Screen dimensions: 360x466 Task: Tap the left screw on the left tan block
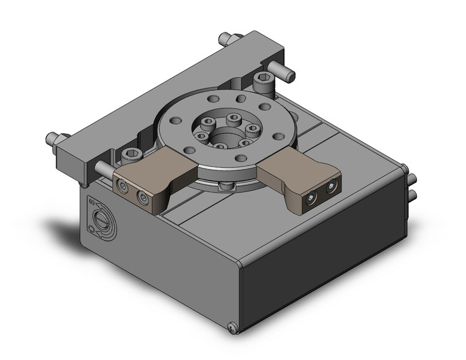point(124,186)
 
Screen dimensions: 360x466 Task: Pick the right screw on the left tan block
point(144,197)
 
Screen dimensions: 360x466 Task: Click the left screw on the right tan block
point(312,197)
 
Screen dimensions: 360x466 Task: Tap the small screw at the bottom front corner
point(232,329)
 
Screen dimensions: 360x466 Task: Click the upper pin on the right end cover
point(413,178)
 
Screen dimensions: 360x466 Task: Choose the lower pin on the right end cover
point(413,194)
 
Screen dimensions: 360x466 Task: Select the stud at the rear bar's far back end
point(224,40)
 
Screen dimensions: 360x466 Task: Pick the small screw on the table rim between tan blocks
point(226,185)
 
